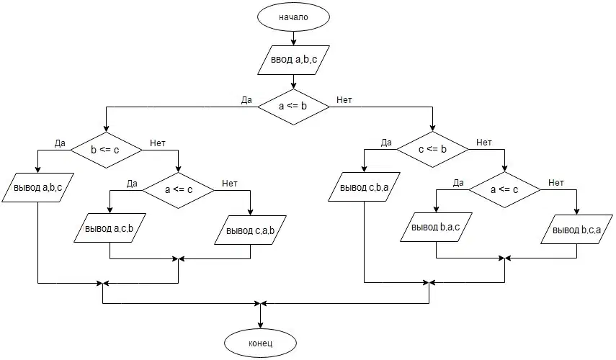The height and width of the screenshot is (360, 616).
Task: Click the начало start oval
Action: (293, 17)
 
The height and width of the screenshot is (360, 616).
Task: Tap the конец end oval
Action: (261, 343)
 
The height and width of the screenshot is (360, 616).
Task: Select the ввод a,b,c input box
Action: (293, 60)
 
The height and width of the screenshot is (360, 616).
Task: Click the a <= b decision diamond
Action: (293, 107)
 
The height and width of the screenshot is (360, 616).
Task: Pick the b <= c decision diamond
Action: (106, 150)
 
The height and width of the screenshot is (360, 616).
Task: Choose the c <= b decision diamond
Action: (432, 149)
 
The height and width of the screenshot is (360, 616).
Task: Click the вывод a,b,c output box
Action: (37, 188)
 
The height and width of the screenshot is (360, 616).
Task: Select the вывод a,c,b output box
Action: (110, 228)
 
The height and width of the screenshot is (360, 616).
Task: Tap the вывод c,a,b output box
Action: (250, 230)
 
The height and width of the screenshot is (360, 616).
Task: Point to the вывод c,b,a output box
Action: (364, 187)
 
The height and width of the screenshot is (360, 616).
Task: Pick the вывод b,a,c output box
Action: (436, 228)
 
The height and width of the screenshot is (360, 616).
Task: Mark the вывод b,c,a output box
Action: (576, 229)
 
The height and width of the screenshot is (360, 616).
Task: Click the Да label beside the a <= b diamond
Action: (246, 100)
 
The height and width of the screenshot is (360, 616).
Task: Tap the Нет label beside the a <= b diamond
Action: (344, 100)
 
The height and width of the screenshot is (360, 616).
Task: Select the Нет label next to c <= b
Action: (484, 143)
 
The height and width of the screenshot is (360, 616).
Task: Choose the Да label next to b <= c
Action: (60, 143)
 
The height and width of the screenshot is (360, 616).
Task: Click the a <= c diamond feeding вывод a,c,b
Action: (179, 190)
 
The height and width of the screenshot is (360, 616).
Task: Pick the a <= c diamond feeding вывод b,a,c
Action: (504, 189)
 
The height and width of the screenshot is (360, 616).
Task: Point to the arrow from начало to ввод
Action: (293, 38)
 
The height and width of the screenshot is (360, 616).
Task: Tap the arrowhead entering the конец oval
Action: (261, 326)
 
